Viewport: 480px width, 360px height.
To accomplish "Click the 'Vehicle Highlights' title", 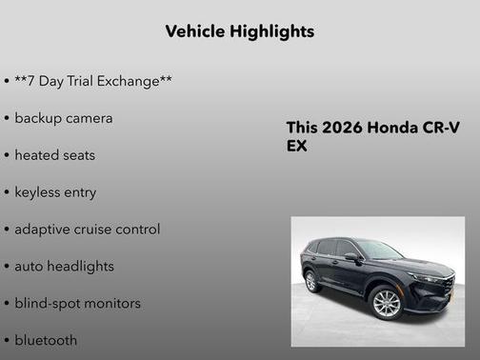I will [x=239, y=31].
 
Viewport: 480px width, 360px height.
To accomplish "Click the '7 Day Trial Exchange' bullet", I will [x=93, y=81].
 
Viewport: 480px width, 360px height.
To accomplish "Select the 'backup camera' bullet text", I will [x=64, y=118].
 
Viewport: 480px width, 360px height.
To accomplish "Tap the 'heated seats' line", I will [x=55, y=155].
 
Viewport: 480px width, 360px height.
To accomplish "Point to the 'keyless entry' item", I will [x=55, y=192].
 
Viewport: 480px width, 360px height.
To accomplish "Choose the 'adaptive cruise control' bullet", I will [x=88, y=230].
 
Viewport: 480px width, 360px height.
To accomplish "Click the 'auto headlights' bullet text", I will [x=64, y=267].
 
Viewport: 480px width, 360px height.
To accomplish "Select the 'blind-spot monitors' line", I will [x=78, y=304].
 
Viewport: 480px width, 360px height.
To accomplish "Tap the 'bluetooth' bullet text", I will [x=47, y=340].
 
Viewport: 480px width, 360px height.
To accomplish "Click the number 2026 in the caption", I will [x=341, y=129].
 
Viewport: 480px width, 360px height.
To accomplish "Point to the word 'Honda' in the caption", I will [x=391, y=129].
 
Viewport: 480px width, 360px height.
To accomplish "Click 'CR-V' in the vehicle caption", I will [x=440, y=129].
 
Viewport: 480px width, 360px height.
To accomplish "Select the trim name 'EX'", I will [x=297, y=148].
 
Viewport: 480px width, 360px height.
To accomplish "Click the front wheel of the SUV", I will [x=386, y=304].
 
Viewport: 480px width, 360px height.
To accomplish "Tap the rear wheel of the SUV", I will [x=310, y=282].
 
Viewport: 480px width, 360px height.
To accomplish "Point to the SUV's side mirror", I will [x=352, y=257].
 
